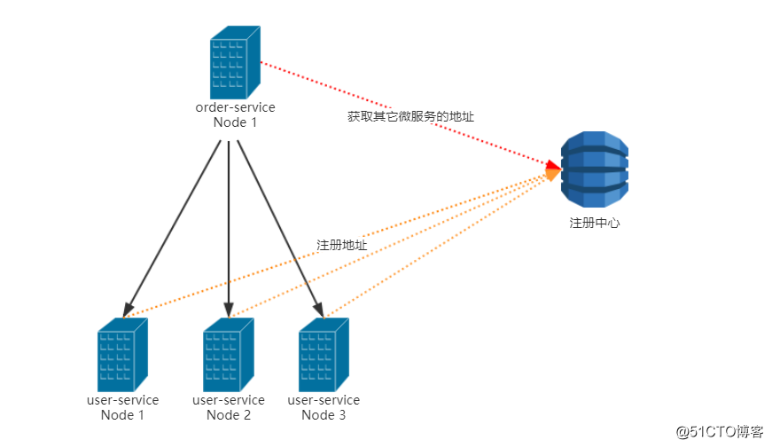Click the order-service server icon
coord(235,63)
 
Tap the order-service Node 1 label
coord(235,114)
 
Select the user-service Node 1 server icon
coord(122,355)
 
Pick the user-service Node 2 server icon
coord(228,355)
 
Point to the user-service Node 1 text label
coord(122,407)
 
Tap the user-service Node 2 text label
coord(228,407)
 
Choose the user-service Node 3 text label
coord(324,407)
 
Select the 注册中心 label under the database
coord(594,223)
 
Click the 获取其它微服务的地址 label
coord(404,116)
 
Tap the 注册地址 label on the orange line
coord(341,244)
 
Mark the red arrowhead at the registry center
coord(554,164)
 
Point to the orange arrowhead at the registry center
coord(552,174)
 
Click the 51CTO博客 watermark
coord(719,431)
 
